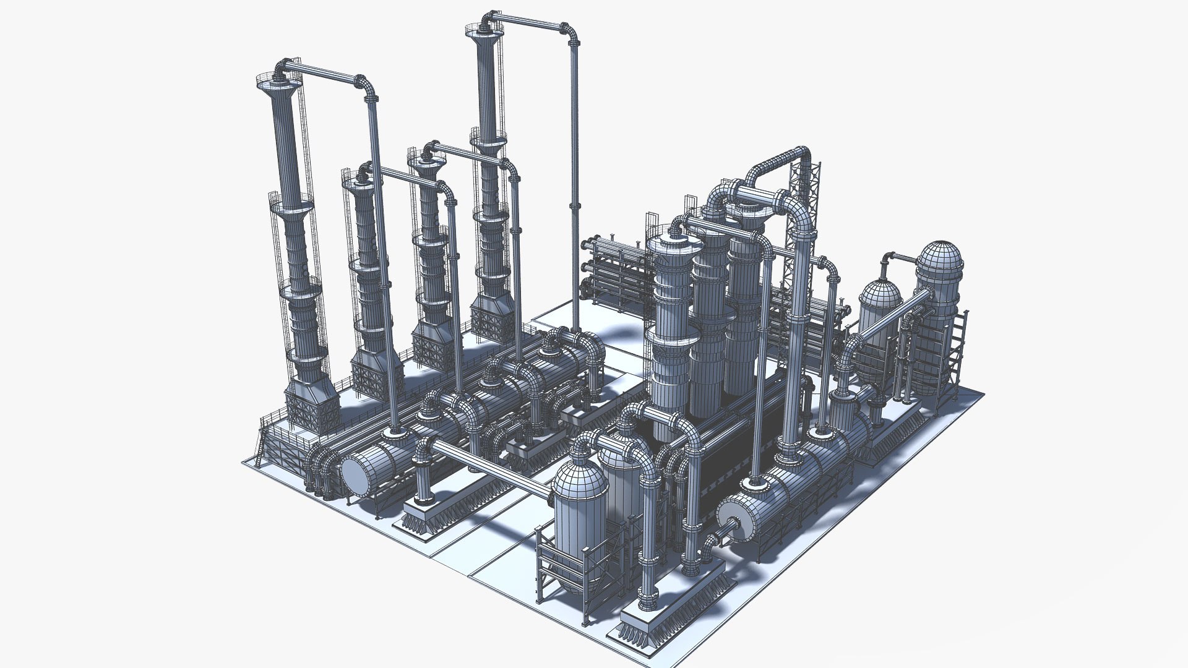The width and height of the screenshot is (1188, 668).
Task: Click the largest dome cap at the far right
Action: pyautogui.click(x=939, y=260)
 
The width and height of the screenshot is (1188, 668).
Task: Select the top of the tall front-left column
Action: pyautogui.click(x=275, y=83)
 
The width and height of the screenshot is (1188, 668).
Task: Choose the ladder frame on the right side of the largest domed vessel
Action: pyautogui.click(x=958, y=346)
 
